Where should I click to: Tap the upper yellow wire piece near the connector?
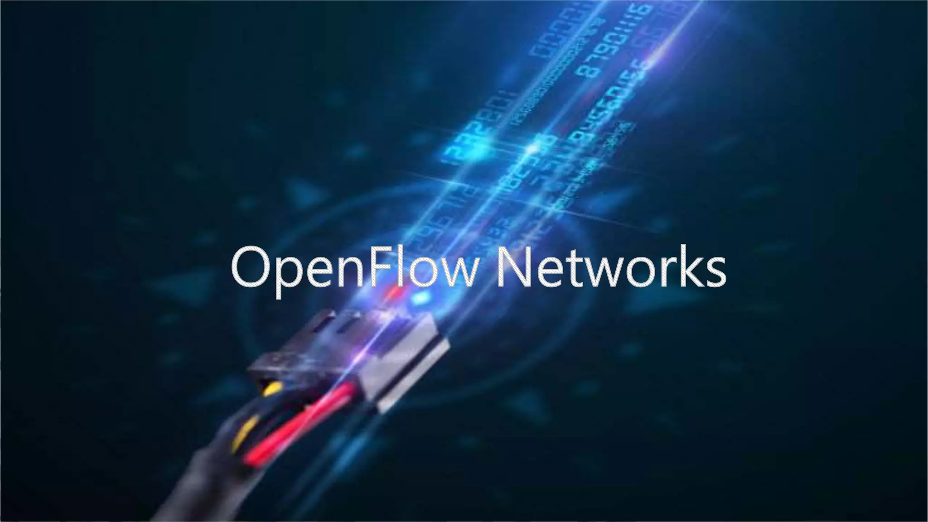coord(271,389)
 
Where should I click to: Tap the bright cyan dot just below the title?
coord(421,297)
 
